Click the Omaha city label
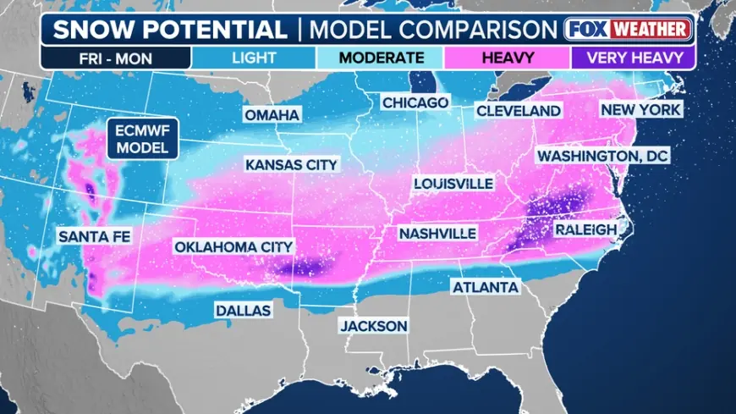(272, 115)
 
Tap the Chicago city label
(415, 102)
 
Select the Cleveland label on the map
(519, 111)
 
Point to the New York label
(640, 110)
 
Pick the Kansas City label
(291, 164)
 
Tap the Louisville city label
(453, 184)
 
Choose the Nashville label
(437, 233)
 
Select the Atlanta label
(486, 288)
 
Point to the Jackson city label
(374, 325)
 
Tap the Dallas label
(243, 311)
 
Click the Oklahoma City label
(233, 246)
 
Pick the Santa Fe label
(95, 237)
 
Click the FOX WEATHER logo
(629, 29)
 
